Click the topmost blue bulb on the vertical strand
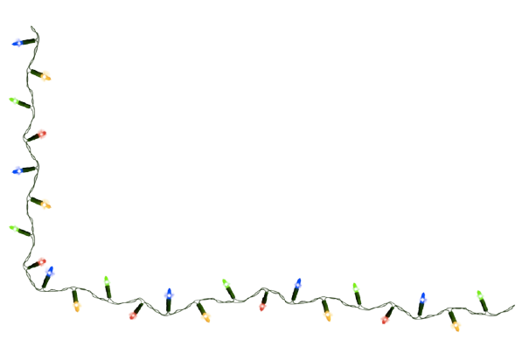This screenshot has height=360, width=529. coord(17,42)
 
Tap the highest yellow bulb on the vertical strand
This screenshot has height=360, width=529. coord(46,77)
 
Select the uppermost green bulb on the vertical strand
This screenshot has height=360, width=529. coord(13,101)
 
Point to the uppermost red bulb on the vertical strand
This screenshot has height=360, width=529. coord(42,134)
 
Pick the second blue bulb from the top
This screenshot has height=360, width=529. coord(17,170)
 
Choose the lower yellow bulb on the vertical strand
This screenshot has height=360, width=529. coord(45,204)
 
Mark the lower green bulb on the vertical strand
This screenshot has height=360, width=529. coord(14,229)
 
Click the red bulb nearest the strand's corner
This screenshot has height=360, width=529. coord(41,261)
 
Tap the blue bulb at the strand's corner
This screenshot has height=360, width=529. coord(50,271)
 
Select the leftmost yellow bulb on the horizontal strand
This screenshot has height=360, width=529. coord(77,307)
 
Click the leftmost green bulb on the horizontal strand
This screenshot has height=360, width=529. coord(108,280)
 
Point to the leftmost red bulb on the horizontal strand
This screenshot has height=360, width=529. coord(133,315)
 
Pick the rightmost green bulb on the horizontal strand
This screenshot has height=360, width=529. coord(479,294)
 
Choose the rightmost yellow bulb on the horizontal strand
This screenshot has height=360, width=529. coord(456,326)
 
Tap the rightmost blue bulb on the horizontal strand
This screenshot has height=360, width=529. coord(423,298)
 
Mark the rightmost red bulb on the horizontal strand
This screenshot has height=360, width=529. coord(384,319)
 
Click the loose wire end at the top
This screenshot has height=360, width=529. coord(32,28)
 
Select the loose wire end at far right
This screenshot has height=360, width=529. coord(514,307)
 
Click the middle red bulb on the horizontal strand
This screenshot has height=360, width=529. coord(262,306)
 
